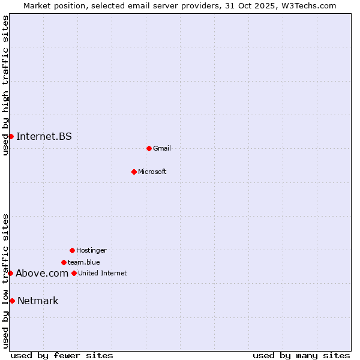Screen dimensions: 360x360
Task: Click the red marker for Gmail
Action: click(x=149, y=148)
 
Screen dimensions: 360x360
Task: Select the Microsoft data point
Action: click(x=134, y=172)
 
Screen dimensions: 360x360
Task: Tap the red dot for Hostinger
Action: click(x=72, y=250)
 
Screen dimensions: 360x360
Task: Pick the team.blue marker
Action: click(x=64, y=262)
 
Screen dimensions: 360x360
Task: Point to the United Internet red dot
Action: click(x=74, y=273)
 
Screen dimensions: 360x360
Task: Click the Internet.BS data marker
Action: click(x=11, y=136)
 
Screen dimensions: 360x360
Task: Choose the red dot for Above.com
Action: click(x=10, y=273)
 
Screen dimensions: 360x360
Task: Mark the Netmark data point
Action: click(x=12, y=301)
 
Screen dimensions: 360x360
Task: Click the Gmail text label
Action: click(x=162, y=148)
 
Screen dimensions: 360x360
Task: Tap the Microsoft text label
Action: click(x=152, y=172)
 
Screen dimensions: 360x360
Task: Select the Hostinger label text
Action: click(x=91, y=250)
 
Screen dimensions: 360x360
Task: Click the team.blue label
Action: click(x=84, y=262)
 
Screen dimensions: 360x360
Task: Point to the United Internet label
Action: click(x=103, y=273)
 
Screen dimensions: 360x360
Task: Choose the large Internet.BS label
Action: click(x=44, y=136)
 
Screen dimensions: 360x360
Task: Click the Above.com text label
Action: click(x=42, y=273)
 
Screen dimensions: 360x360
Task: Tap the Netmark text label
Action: click(x=38, y=301)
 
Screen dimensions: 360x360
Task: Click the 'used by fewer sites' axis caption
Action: click(x=62, y=355)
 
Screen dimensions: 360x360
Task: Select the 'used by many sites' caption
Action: click(x=301, y=355)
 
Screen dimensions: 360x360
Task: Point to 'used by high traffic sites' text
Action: click(x=5, y=86)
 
